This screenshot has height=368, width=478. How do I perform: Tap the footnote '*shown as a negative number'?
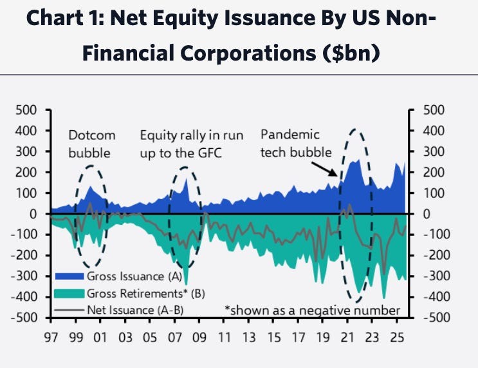311,310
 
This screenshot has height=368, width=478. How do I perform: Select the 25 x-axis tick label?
400,336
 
